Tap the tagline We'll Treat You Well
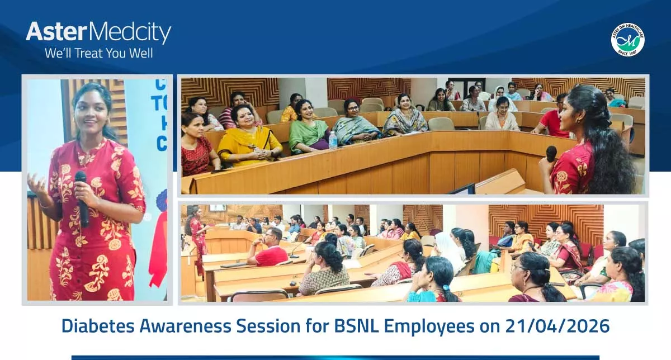tap(98, 54)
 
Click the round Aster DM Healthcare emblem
tap(627, 40)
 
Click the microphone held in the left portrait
tap(82, 196)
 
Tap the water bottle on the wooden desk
tap(333, 140)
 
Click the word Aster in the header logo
tap(56, 33)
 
